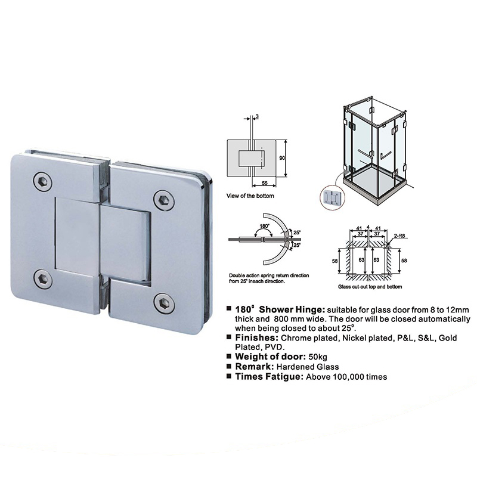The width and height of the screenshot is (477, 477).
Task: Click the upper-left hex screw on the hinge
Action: [x=42, y=182]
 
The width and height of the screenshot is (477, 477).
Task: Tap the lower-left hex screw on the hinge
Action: [x=42, y=279]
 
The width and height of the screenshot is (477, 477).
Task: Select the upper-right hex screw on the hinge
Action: [x=164, y=200]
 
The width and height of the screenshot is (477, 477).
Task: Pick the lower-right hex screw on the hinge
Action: [x=165, y=303]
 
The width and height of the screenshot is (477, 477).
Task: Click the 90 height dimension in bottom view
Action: [x=282, y=158]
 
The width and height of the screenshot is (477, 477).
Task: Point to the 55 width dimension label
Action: [x=264, y=183]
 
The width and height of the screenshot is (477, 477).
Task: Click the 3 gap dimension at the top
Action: [x=258, y=116]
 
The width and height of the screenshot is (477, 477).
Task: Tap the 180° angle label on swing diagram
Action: [x=264, y=226]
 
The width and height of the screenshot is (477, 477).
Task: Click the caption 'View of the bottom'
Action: [x=250, y=196]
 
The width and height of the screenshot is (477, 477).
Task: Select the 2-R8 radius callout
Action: [x=399, y=236]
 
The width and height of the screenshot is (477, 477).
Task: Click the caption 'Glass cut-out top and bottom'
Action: [x=370, y=287]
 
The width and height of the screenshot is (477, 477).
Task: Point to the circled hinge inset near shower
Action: [x=333, y=197]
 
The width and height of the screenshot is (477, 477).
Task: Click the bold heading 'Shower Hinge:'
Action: [x=292, y=309]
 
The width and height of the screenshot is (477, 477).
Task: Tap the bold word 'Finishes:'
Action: [x=257, y=337]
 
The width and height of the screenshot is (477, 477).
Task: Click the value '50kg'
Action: [x=318, y=357]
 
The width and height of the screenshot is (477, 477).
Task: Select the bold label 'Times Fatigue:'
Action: [x=270, y=377]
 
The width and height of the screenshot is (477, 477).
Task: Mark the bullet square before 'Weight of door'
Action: [x=229, y=355]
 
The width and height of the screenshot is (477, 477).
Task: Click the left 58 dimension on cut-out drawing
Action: [x=334, y=261]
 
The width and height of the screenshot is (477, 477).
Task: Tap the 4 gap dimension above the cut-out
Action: [x=368, y=227]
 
